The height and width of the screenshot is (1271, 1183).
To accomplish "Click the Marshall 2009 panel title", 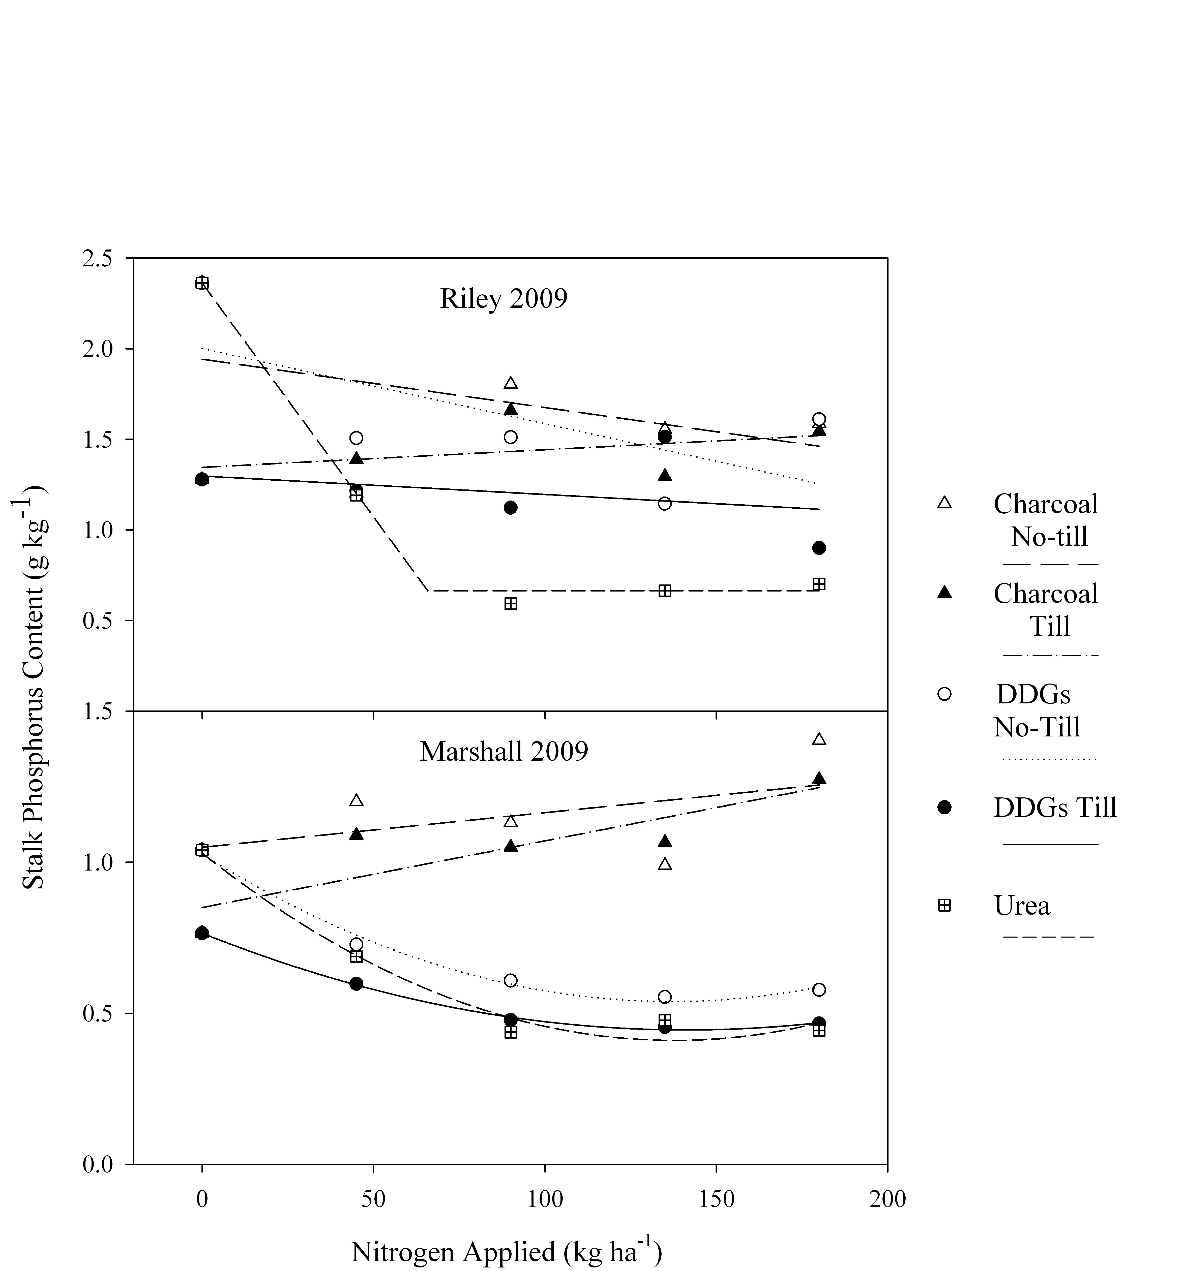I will tap(503, 751).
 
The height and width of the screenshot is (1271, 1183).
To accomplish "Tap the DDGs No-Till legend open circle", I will tap(944, 694).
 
